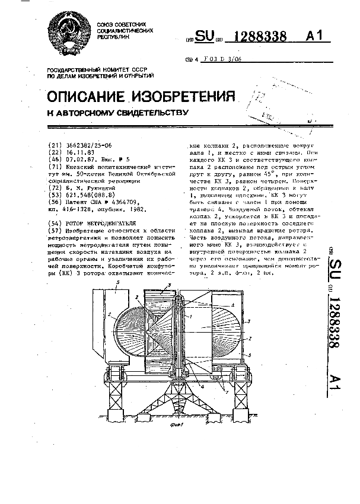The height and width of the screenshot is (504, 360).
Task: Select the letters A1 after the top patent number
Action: (316, 37)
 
